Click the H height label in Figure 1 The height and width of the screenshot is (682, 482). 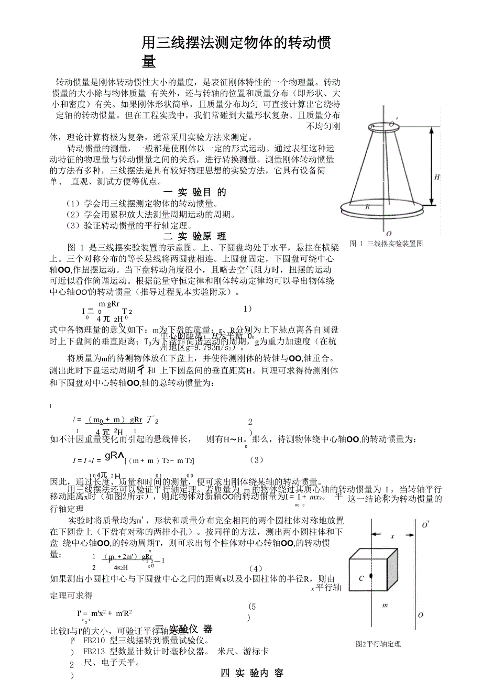click(x=437, y=177)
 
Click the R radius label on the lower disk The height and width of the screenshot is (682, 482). click(x=367, y=206)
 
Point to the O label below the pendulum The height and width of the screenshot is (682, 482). click(x=388, y=234)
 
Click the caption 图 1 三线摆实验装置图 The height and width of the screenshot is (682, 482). click(x=386, y=244)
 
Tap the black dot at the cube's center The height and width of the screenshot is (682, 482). click(x=371, y=576)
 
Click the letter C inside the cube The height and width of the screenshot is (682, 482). click(x=361, y=578)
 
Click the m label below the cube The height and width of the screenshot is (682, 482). click(x=385, y=606)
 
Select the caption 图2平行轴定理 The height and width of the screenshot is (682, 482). click(x=378, y=644)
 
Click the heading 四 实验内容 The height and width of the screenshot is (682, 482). click(x=253, y=673)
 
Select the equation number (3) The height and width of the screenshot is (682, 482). click(x=256, y=459)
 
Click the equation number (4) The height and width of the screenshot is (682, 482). click(x=255, y=568)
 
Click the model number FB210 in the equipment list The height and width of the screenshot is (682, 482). click(x=94, y=641)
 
